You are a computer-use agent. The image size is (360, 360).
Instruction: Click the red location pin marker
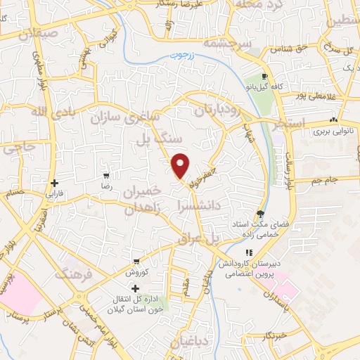[x=181, y=165]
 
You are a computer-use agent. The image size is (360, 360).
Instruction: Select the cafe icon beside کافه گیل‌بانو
[x=264, y=77]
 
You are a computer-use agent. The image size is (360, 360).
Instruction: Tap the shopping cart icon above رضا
[x=106, y=176]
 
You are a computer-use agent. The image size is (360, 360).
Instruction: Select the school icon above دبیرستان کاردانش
[x=247, y=253]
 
